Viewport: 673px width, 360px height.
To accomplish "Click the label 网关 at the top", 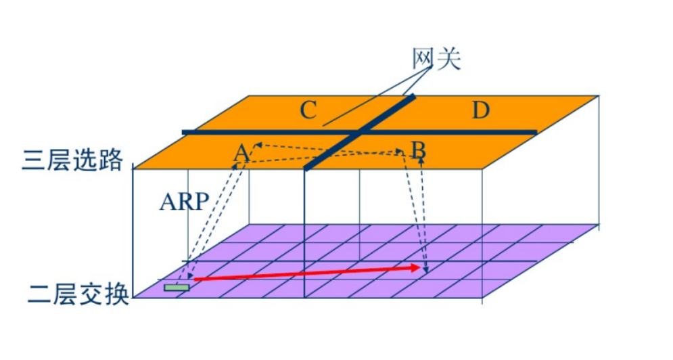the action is coord(436,60).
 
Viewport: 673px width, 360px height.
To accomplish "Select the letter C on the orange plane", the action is coord(308,110).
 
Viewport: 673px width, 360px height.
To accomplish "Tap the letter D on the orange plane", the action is coord(480,110).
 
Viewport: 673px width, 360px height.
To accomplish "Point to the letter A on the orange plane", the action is coord(241,154).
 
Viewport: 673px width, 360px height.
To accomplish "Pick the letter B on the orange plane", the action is coord(419,150).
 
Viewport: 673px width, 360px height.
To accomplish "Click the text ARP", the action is coord(184,202).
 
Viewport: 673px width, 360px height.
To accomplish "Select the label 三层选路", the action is coord(73,160).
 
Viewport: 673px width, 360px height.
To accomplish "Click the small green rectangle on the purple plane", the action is coord(177,288).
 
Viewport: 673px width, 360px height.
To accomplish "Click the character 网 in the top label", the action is coord(424,60).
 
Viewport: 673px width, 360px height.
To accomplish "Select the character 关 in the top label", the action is coord(449,60).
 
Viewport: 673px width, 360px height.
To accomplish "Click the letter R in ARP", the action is coord(184,202).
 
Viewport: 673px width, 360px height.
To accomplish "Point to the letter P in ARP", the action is coord(200,202).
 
